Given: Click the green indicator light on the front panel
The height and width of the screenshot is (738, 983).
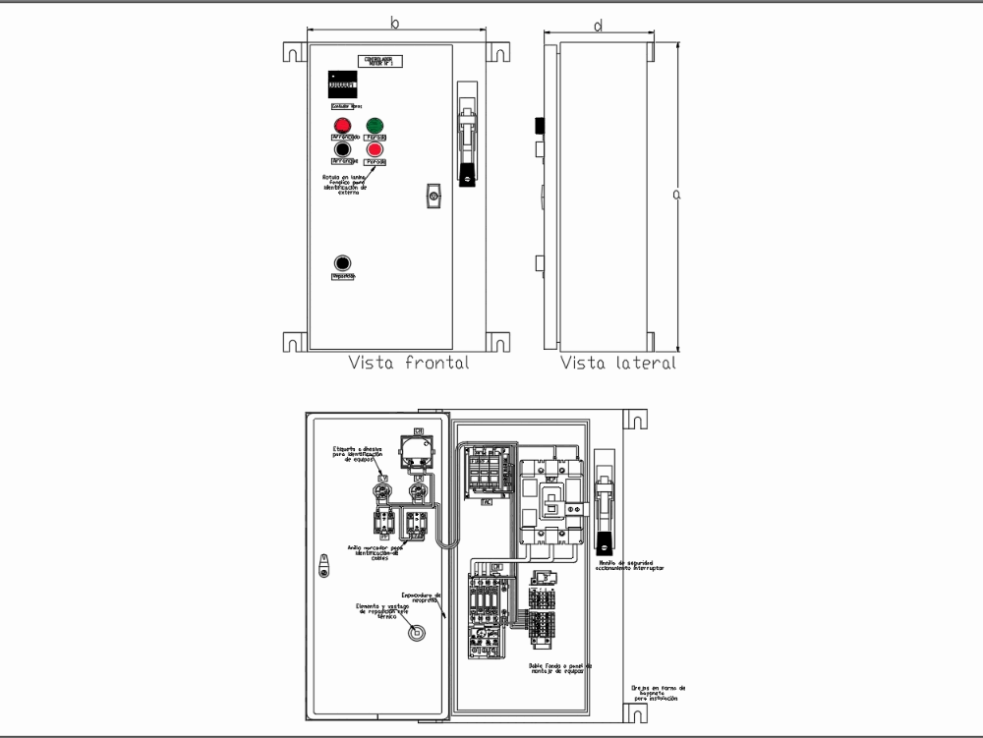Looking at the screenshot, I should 375,125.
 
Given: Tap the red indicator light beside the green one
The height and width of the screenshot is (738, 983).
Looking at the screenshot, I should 342,125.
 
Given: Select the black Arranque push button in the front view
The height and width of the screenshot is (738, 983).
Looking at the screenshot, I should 342,149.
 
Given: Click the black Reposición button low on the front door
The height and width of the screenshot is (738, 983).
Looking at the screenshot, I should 342,263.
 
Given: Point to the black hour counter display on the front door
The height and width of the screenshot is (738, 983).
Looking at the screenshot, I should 342,84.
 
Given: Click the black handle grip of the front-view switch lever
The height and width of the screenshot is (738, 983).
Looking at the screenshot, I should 468,176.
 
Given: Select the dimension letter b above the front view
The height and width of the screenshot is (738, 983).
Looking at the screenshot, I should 395,22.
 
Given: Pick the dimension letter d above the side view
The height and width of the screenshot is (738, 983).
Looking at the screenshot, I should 598,26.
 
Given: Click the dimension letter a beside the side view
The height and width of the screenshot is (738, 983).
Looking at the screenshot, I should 676,195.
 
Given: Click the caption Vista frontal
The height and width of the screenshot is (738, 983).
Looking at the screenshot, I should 408,363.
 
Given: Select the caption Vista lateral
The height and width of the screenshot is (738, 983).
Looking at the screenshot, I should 618,363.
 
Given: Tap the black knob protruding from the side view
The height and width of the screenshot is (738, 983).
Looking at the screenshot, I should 539,125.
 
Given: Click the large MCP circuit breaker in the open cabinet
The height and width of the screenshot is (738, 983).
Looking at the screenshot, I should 550,501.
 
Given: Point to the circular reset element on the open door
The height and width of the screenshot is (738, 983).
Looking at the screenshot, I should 417,632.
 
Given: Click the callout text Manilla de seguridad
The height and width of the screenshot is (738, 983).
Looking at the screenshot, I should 630,564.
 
